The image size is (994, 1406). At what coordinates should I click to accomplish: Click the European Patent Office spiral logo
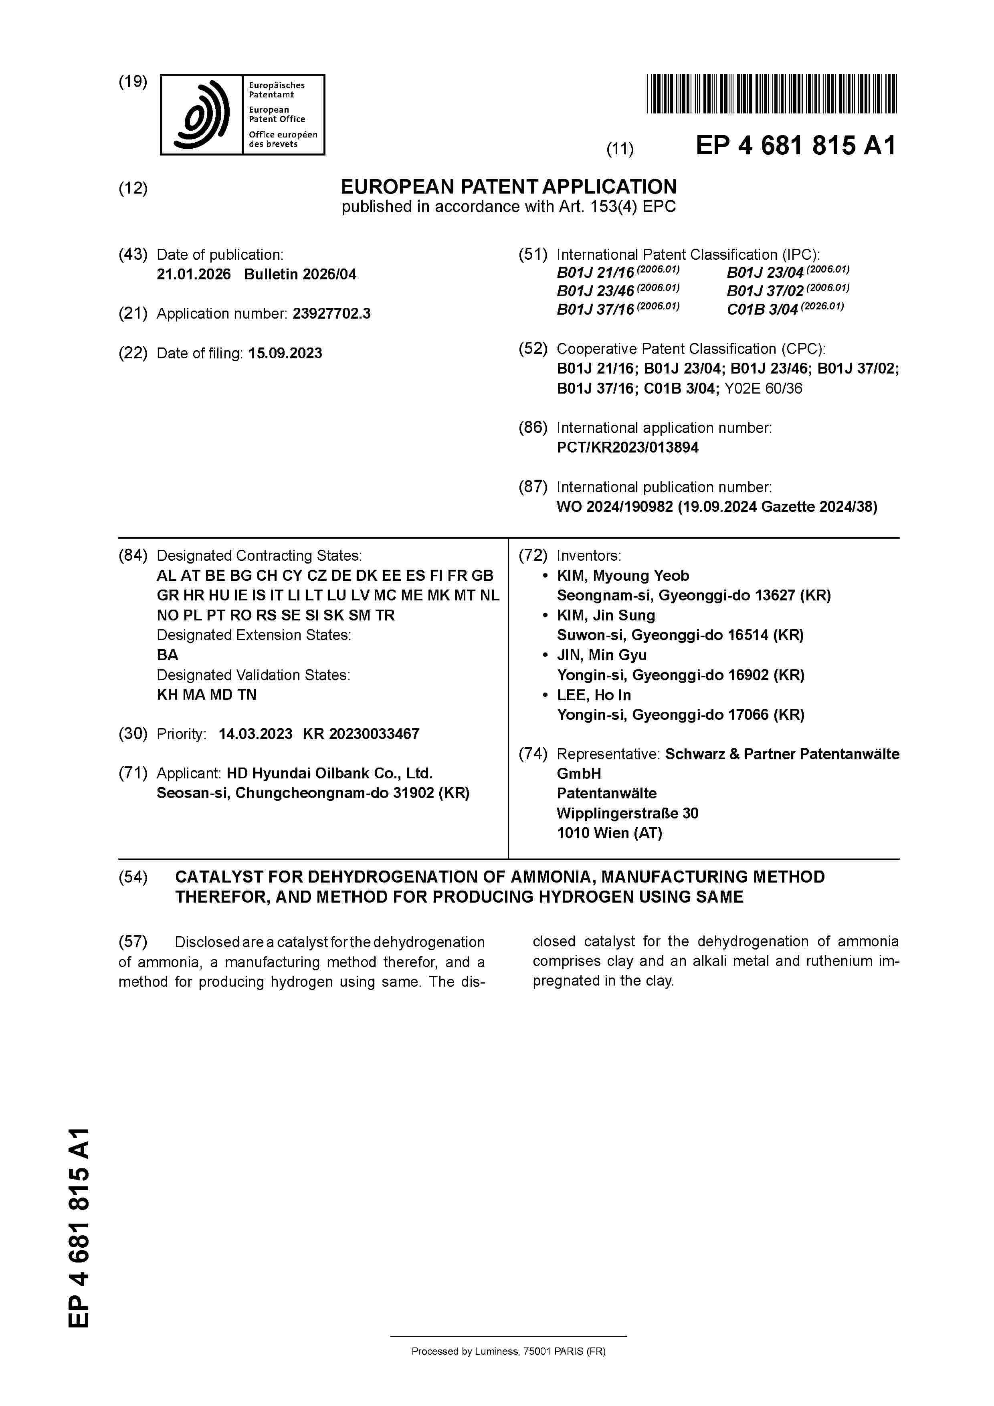pyautogui.click(x=202, y=115)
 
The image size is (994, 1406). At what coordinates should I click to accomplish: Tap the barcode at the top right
pyautogui.click(x=771, y=94)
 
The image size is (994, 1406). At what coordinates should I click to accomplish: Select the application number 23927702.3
pyautogui.click(x=331, y=313)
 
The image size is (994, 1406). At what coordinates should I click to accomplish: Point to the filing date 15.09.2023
pyautogui.click(x=285, y=354)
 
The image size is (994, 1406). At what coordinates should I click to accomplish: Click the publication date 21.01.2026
pyautogui.click(x=194, y=274)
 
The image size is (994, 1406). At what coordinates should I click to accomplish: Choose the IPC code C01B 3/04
pyautogui.click(x=762, y=310)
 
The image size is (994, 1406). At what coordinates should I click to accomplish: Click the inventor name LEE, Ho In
pyautogui.click(x=594, y=695)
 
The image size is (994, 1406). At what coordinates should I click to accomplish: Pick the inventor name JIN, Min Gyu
pyautogui.click(x=602, y=655)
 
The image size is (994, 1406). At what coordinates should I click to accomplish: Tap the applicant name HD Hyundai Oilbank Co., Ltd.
pyautogui.click(x=329, y=774)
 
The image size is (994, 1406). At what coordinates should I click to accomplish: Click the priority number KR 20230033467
pyautogui.click(x=361, y=733)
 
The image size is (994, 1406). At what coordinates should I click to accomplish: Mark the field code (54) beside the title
pyautogui.click(x=133, y=877)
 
